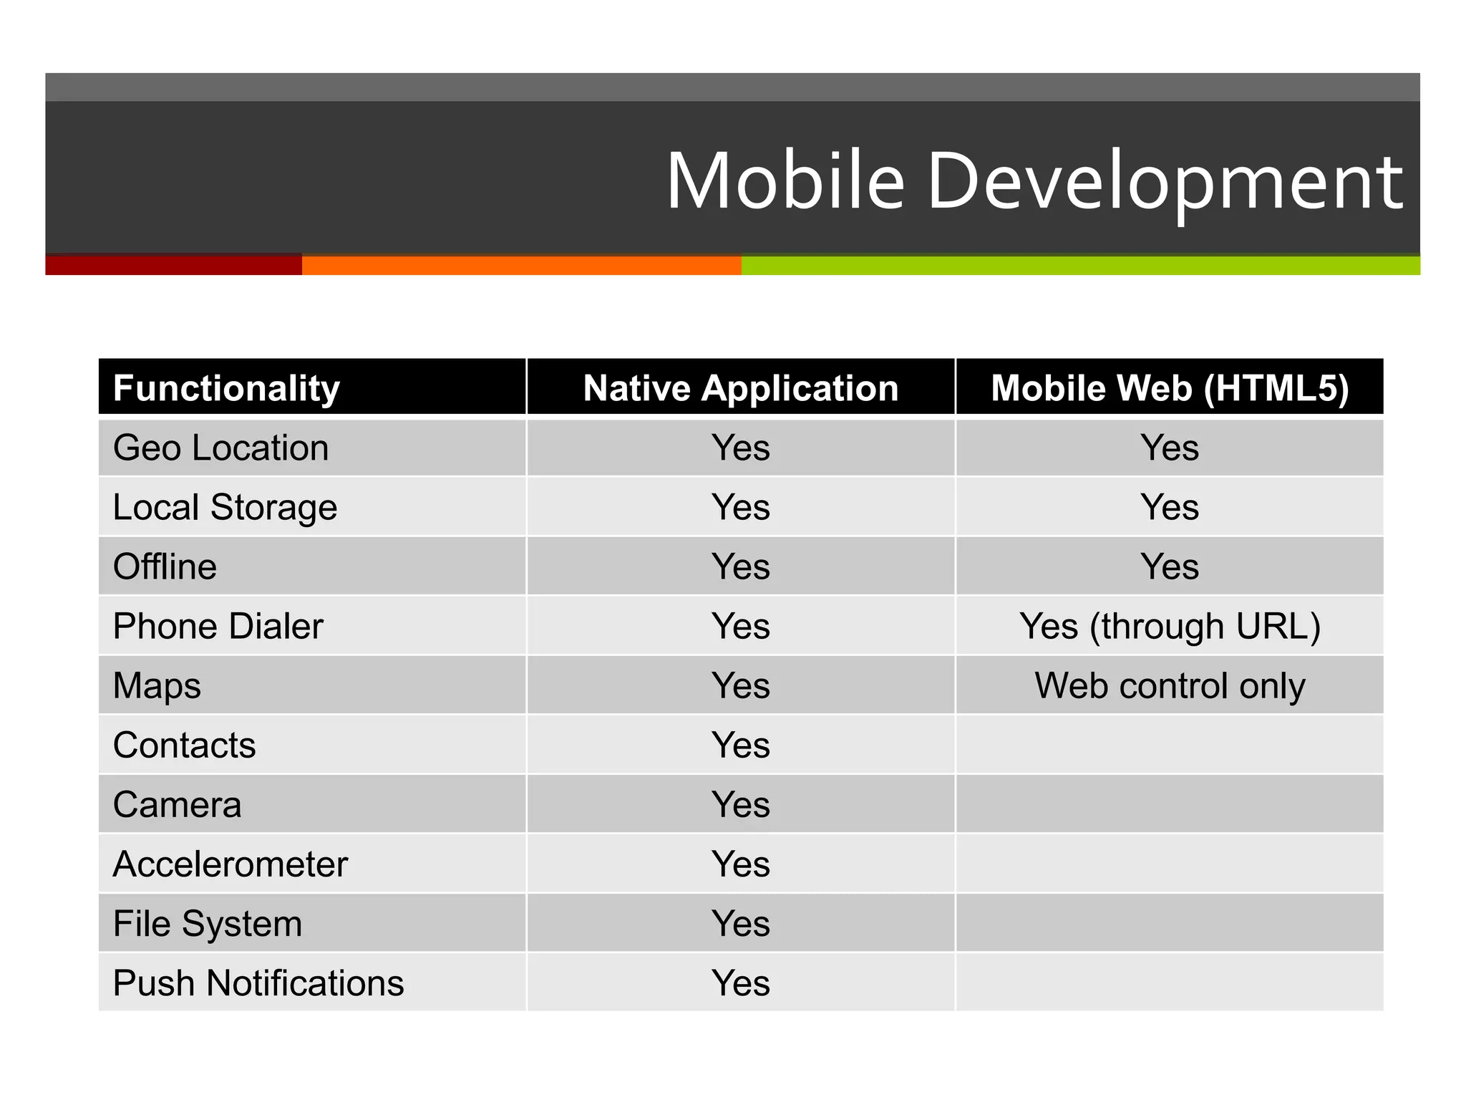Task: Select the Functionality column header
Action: [x=226, y=388]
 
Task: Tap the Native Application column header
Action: [x=741, y=388]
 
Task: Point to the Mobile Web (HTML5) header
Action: [x=1170, y=388]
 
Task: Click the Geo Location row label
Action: [x=220, y=448]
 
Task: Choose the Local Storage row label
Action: [x=225, y=508]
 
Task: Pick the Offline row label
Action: [x=165, y=567]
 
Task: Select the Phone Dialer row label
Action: [x=218, y=627]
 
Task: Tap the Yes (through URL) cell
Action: [x=1170, y=627]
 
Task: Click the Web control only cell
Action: [x=1170, y=686]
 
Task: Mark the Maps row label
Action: [x=157, y=686]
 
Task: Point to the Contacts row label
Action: [x=184, y=746]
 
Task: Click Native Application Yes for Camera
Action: [x=741, y=805]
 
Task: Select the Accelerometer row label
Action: [x=230, y=864]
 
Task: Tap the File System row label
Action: [x=207, y=924]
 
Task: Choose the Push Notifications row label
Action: [x=258, y=983]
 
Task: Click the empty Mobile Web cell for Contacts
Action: [x=1170, y=746]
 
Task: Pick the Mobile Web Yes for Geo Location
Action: [x=1170, y=448]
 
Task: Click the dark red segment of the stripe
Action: [x=173, y=265]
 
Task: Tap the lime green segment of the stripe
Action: [x=1081, y=265]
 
